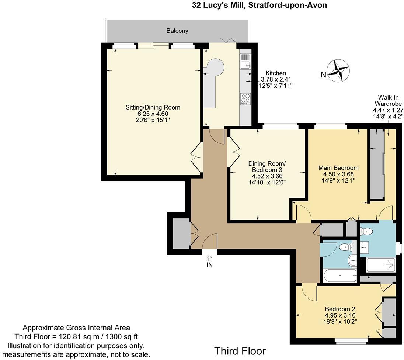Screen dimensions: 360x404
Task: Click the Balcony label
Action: point(177,31)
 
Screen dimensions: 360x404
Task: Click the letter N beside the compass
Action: point(323,75)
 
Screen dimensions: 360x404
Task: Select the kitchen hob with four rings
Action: point(245,98)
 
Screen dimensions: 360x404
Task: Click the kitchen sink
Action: point(245,62)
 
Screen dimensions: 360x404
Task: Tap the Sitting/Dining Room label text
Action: point(153,107)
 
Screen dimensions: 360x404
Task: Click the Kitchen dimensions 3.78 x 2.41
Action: point(273,80)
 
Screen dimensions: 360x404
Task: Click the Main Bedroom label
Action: point(338,168)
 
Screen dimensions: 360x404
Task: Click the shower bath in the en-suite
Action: point(381,265)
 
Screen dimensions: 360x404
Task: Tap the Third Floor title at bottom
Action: point(240,351)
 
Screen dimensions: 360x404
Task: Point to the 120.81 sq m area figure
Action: point(91,336)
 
